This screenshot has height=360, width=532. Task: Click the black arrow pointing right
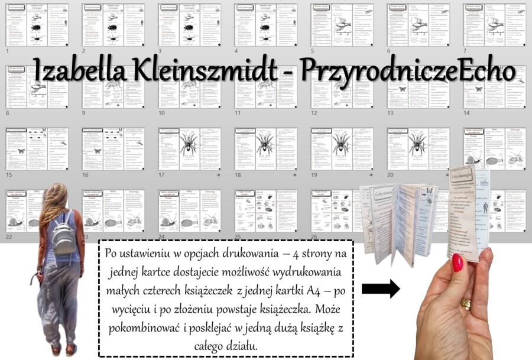click(x=381, y=289)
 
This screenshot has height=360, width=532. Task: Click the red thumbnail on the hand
click(x=458, y=262)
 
